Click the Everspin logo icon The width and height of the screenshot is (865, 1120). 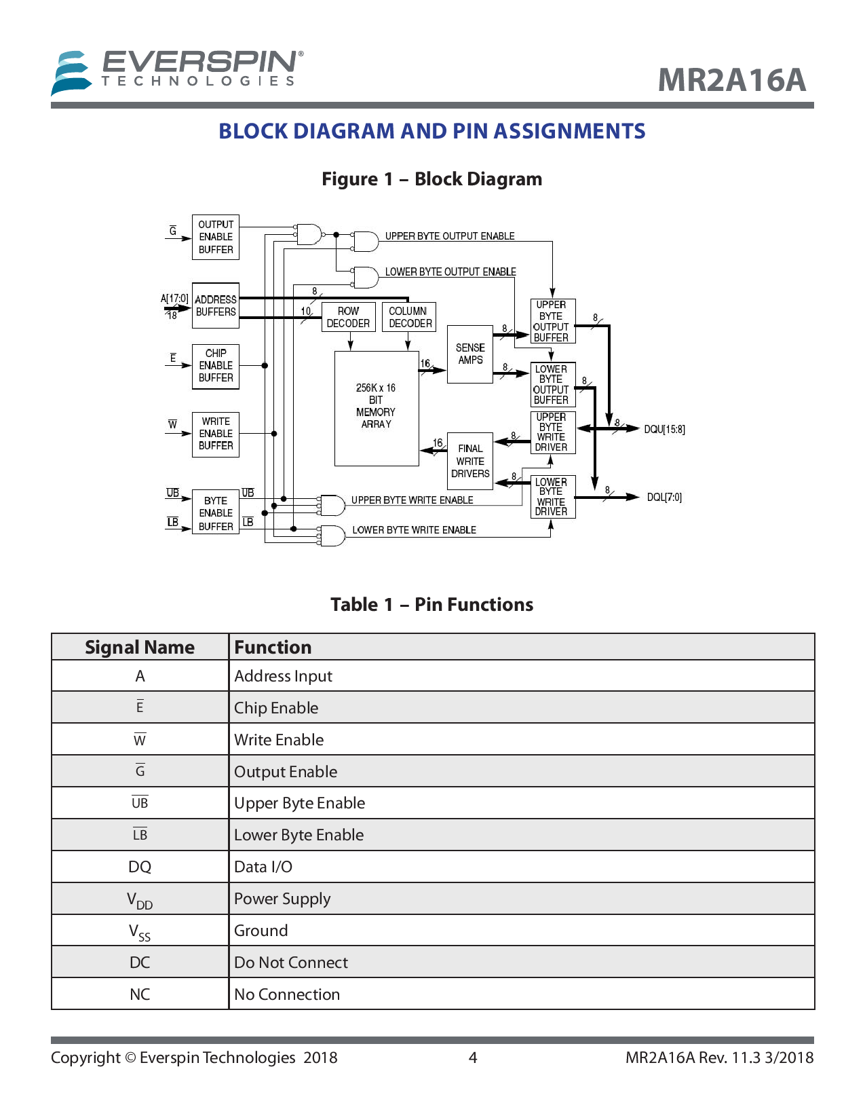tap(71, 73)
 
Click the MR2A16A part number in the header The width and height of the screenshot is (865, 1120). tap(731, 80)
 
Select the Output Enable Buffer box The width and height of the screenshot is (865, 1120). tap(216, 237)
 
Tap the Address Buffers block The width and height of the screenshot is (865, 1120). tap(216, 305)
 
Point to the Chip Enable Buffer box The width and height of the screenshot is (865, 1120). tap(216, 366)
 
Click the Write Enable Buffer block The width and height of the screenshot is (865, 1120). tap(216, 434)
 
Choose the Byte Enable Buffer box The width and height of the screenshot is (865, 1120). tap(216, 513)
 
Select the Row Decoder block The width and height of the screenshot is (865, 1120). tap(348, 317)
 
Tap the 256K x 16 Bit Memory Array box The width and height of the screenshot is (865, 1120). tap(377, 407)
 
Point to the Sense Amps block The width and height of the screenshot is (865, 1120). tap(470, 354)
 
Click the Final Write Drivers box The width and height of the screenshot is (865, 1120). tap(470, 462)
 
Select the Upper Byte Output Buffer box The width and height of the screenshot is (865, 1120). tap(552, 321)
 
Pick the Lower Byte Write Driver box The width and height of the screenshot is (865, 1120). tap(552, 497)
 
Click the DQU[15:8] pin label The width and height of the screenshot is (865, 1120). tap(664, 430)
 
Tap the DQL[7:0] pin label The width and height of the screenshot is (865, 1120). tap(664, 498)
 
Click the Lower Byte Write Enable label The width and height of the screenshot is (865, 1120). tap(414, 530)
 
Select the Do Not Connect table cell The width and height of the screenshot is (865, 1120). tap(291, 963)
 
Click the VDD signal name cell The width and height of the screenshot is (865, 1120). tap(140, 899)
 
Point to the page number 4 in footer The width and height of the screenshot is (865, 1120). tap(473, 1058)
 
